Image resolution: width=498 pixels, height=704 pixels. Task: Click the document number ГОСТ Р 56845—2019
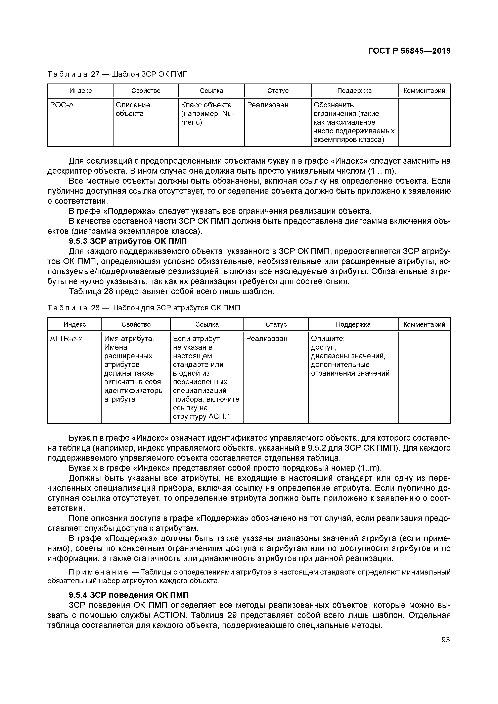coord(409,51)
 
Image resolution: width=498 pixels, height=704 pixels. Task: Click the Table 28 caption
coord(144,308)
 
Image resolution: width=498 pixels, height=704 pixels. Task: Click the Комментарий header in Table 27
coord(424,91)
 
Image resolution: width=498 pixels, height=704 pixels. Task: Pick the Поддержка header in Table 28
coord(353,324)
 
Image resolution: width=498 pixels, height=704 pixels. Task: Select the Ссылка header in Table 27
coord(211,91)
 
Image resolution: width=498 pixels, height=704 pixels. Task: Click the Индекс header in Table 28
coord(75,324)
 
